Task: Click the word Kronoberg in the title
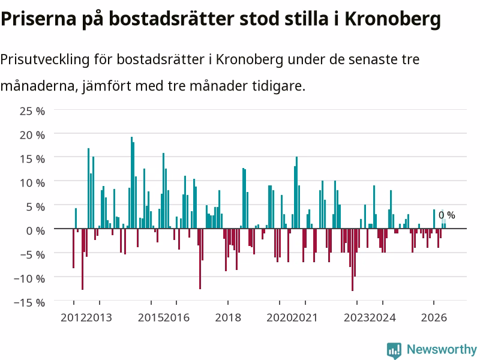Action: (393, 19)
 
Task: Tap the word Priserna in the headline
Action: (38, 19)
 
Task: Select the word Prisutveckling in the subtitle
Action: (45, 59)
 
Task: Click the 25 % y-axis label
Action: (32, 111)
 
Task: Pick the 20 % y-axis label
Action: (32, 135)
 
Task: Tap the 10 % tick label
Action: (32, 183)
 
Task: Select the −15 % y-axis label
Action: (29, 303)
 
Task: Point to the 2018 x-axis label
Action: (228, 317)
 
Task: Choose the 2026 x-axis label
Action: (434, 317)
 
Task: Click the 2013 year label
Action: (99, 317)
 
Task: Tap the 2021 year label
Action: (305, 317)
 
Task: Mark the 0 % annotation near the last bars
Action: (446, 215)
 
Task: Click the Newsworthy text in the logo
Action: (442, 349)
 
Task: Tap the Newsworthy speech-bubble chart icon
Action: (394, 350)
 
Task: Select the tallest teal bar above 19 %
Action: (131, 182)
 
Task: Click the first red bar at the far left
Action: (73, 248)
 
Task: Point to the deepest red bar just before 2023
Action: (353, 260)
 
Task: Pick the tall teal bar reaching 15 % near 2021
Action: (296, 193)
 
